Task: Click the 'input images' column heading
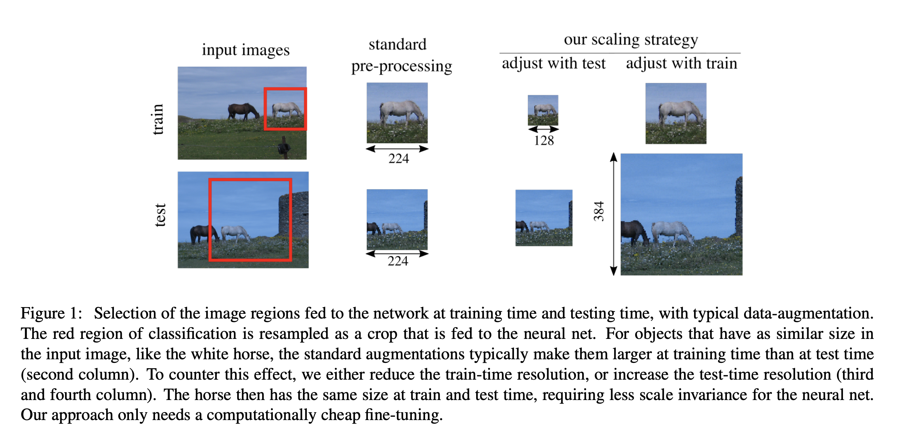(245, 50)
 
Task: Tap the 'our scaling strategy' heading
(630, 39)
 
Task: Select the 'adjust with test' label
(553, 64)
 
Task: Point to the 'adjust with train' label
(681, 64)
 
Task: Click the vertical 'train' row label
(158, 119)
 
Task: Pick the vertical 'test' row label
(160, 215)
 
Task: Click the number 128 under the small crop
(544, 140)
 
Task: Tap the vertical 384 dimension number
(599, 211)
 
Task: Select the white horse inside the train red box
(286, 109)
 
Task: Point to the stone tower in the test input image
(293, 215)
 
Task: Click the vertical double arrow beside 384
(613, 214)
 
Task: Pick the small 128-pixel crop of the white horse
(543, 110)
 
